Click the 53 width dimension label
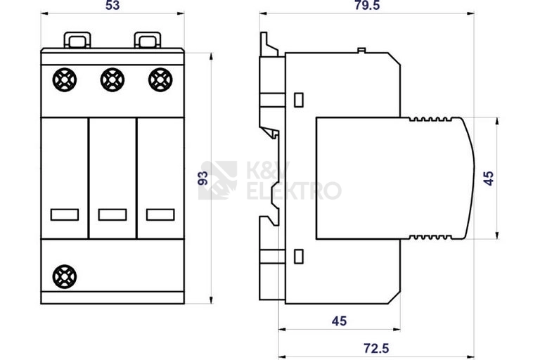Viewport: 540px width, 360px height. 112,6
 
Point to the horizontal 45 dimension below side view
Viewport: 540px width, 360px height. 339,321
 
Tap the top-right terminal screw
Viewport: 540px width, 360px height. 160,82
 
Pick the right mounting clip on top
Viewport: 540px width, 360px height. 146,39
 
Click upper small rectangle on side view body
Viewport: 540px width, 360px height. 298,99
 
